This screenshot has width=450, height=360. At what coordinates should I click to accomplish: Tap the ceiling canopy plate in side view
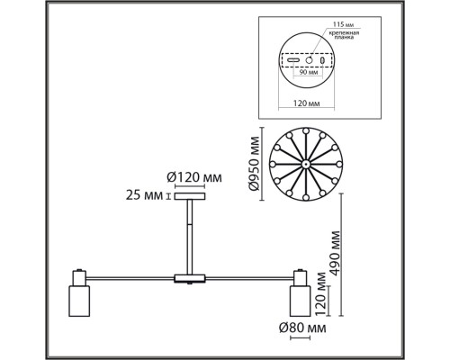(189, 196)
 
